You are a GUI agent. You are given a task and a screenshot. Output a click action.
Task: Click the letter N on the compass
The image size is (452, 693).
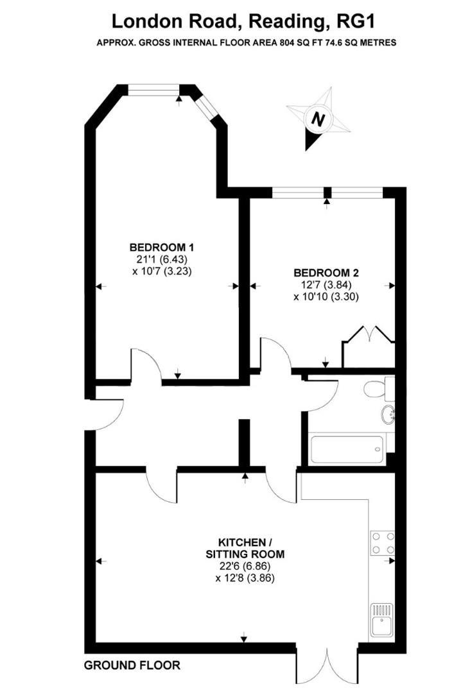tap(317, 119)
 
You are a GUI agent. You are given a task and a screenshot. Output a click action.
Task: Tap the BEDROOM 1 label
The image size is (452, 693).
tap(162, 247)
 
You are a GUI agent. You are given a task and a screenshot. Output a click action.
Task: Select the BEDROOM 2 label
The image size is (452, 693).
tap(325, 272)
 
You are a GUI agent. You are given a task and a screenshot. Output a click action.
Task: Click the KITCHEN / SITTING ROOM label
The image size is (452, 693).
tap(244, 547)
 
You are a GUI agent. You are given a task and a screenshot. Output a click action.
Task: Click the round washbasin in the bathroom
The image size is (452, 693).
tap(388, 415)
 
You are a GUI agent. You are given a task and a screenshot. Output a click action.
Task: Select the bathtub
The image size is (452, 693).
tap(347, 449)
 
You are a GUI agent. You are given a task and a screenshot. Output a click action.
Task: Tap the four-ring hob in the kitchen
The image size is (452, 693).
tap(383, 542)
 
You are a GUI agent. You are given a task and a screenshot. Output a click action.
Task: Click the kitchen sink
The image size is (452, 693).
tap(383, 620)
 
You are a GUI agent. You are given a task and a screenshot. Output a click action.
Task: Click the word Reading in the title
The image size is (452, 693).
tap(289, 21)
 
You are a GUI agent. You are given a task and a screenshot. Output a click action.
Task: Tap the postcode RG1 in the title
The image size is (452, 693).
tap(356, 21)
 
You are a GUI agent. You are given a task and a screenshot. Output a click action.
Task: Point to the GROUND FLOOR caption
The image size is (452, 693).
tap(132, 665)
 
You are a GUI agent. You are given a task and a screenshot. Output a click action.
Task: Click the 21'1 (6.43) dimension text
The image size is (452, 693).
tap(162, 259)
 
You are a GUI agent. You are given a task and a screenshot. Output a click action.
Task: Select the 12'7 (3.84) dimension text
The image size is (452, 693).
tap(325, 284)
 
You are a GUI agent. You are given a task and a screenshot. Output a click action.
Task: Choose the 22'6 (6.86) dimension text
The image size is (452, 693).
tap(244, 566)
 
